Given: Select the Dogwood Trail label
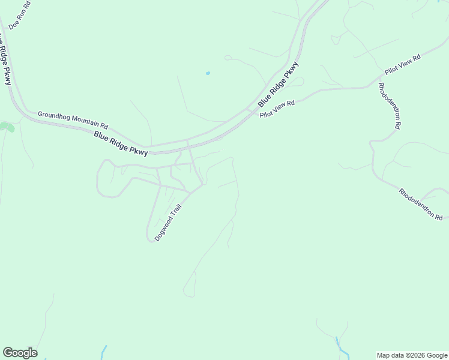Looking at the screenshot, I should click(167, 223).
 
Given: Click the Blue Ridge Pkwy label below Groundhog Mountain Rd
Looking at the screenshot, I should click(121, 145).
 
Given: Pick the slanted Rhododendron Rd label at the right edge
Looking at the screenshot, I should click(421, 204).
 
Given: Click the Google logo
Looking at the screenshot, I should click(20, 353).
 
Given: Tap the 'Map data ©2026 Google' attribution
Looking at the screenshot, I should click(412, 355).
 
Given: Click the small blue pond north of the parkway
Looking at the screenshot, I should click(208, 73).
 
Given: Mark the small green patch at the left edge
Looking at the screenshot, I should click(7, 127).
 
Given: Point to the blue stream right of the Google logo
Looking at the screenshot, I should click(104, 352).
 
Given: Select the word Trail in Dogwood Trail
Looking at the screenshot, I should click(175, 213).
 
